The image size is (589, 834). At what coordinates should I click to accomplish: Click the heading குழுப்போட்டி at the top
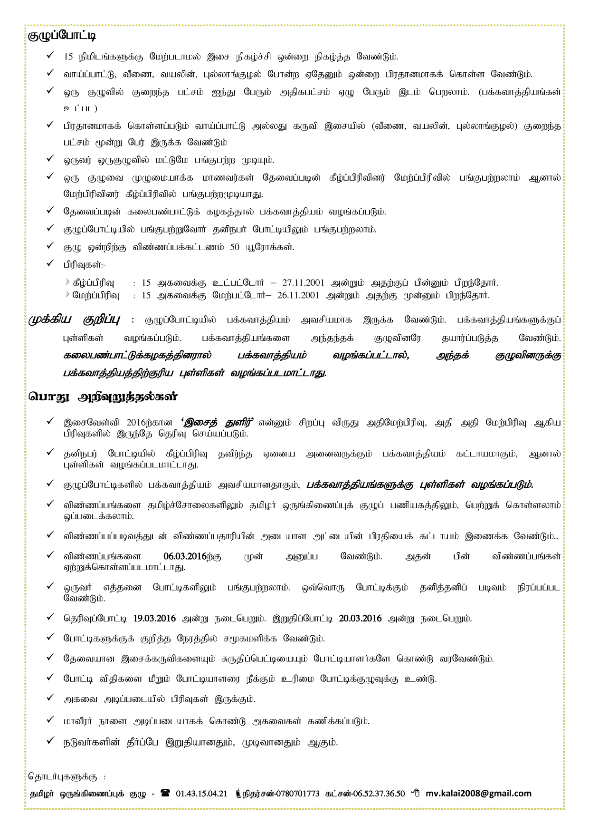(62, 36)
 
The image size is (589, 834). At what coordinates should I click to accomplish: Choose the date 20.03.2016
(360, 619)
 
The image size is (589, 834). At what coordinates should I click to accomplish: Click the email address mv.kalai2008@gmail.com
(478, 793)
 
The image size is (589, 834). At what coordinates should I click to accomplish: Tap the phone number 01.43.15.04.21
(201, 794)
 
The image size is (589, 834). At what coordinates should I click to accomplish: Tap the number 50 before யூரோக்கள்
(235, 247)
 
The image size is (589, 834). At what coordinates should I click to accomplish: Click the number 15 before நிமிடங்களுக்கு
(68, 57)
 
